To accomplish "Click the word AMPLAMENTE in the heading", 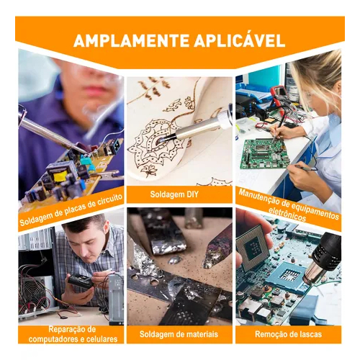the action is click(132, 41).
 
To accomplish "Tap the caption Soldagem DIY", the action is click(174, 194).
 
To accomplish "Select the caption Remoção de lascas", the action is click(288, 334).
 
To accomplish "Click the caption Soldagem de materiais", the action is click(179, 334).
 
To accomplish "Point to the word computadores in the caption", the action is click(54, 339).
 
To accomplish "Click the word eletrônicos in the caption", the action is click(287, 214).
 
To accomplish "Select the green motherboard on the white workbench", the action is click(264, 153).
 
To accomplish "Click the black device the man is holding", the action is click(80, 282).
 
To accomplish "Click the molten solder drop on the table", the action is click(175, 260).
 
